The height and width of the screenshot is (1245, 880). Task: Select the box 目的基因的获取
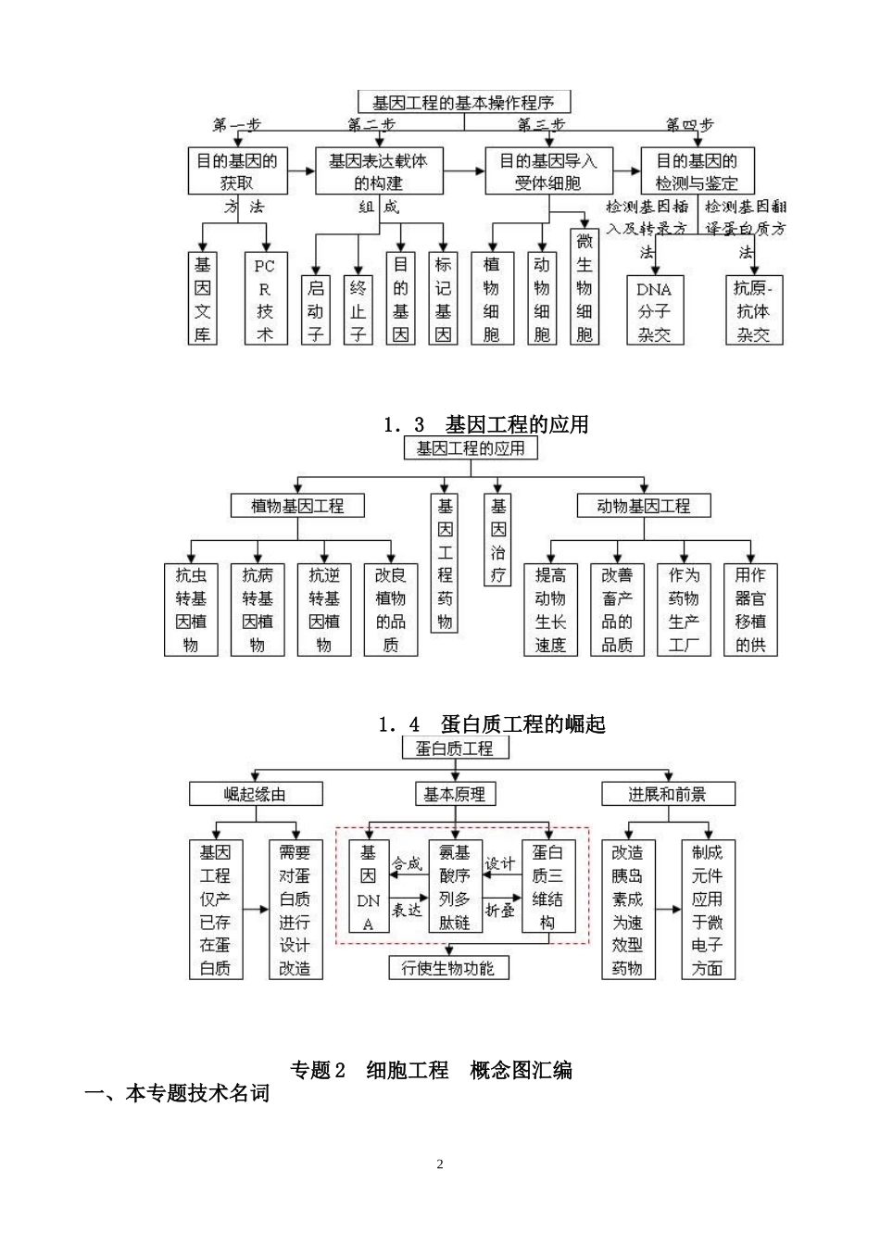click(236, 171)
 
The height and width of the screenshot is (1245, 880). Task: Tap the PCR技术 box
click(265, 299)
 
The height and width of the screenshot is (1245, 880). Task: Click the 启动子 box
click(315, 309)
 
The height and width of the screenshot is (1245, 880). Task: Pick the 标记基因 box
click(444, 299)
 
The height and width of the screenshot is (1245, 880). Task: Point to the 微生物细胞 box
click(585, 287)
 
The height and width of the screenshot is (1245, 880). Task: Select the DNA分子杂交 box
click(654, 310)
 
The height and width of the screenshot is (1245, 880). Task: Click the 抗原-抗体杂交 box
click(753, 310)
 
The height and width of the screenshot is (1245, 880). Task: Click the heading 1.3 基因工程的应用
click(486, 425)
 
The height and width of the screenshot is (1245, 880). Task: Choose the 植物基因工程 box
click(297, 506)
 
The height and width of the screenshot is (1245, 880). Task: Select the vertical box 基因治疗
click(498, 540)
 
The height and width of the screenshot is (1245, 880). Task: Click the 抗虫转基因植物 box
click(191, 610)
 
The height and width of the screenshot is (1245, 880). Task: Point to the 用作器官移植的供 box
click(750, 610)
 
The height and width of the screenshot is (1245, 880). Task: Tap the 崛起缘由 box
click(256, 794)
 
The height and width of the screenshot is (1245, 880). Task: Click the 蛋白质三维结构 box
click(548, 887)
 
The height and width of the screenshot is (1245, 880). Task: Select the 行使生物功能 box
click(448, 968)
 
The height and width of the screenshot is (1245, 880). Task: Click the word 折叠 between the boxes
click(500, 911)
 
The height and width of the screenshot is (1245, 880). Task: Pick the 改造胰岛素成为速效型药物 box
click(627, 910)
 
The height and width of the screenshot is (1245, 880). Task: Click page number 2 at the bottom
click(440, 1164)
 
